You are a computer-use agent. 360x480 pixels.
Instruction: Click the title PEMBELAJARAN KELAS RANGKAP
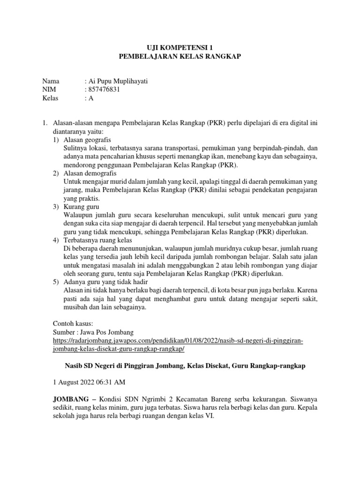[x=180, y=56]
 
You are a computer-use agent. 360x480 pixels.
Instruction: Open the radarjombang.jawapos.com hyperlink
[x=178, y=341]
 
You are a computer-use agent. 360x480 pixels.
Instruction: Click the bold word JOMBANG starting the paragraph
[x=70, y=399]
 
